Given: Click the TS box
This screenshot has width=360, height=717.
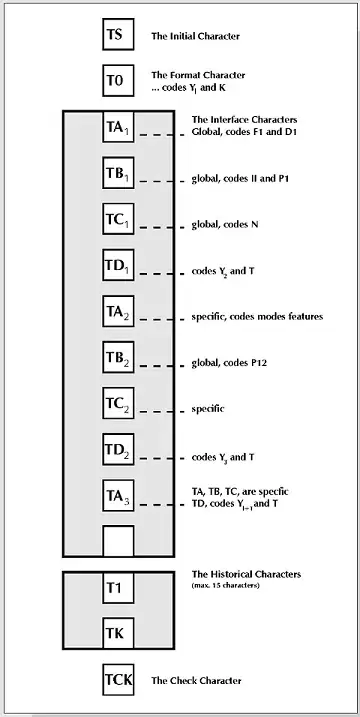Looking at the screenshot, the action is pos(118,34).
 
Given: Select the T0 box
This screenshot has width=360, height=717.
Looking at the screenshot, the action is pos(118,80).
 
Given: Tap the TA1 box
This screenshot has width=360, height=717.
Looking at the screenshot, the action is pos(118,127).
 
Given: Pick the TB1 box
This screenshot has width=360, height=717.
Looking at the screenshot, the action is pos(118,172).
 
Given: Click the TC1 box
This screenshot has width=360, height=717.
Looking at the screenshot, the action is pos(118,219).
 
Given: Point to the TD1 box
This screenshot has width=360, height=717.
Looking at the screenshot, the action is pos(118,265).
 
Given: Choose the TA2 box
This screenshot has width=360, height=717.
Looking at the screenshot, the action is pos(118,311).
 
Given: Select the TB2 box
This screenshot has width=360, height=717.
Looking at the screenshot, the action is pos(118,357).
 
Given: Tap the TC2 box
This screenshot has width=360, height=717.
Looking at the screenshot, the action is pos(118,403).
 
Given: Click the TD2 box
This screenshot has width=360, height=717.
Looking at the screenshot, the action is pos(118,449).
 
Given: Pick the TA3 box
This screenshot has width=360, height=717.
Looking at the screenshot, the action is pos(118,495).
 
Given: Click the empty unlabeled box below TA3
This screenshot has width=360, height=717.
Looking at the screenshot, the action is pos(118,541).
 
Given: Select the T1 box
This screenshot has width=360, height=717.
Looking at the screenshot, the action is pos(118,588).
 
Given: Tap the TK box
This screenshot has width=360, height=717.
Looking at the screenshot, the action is pos(118,633).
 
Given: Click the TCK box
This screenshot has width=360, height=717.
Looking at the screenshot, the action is pos(118,680).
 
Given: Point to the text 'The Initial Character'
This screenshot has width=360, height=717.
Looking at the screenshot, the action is pos(195,36).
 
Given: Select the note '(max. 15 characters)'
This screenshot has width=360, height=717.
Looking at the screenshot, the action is pos(226,585).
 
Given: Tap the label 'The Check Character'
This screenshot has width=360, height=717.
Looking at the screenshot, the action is pos(196,681).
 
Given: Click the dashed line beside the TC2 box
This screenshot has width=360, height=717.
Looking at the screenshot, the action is pos(161,412).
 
